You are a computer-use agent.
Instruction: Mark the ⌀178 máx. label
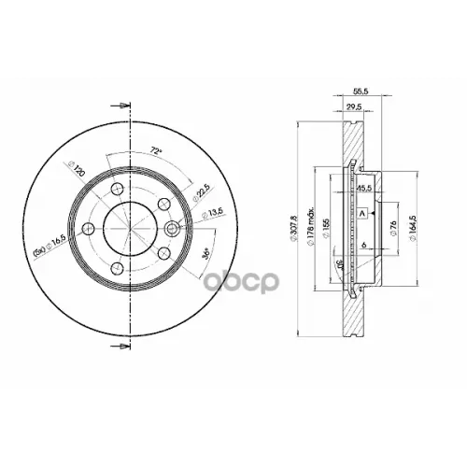[308, 227]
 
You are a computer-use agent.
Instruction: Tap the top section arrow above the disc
[117, 106]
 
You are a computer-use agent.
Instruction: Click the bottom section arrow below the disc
[117, 348]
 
